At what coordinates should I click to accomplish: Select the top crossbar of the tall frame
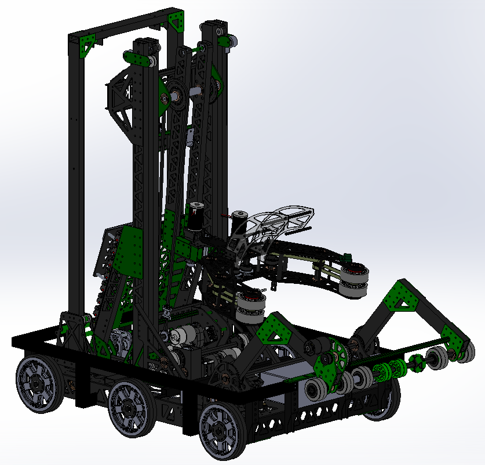[x=125, y=26]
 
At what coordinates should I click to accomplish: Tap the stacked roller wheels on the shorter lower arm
[x=250, y=307]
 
